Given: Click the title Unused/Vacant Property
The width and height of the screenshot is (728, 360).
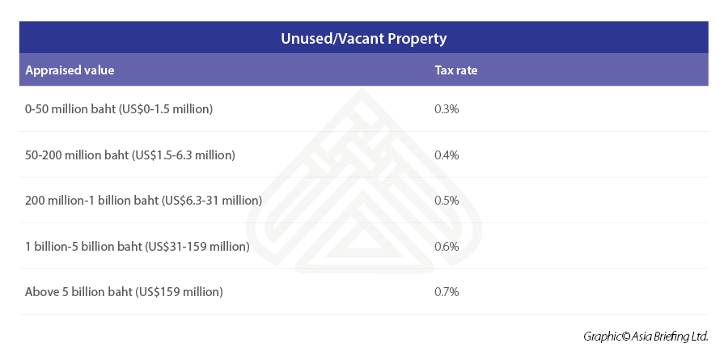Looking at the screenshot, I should (363, 38).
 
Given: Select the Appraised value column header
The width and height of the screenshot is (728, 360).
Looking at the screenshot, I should (70, 70).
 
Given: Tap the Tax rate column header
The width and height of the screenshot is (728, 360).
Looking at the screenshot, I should (456, 70).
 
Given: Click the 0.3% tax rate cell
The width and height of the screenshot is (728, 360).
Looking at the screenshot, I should (447, 108).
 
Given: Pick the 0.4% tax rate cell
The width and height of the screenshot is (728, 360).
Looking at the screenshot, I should (447, 155).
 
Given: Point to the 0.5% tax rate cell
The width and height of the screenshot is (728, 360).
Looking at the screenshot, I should (447, 200).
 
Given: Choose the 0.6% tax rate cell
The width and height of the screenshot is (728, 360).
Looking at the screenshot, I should (447, 246).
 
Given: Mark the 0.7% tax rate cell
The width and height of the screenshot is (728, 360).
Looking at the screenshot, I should (447, 291).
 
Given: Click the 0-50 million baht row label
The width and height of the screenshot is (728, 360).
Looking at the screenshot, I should (119, 108).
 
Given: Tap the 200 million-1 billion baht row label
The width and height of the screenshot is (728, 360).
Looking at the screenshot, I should (143, 200).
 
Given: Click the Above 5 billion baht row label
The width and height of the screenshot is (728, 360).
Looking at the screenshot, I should (124, 291).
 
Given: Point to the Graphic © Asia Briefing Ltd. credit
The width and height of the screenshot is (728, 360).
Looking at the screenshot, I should (645, 336).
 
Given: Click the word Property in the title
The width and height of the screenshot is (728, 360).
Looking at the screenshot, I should (418, 38).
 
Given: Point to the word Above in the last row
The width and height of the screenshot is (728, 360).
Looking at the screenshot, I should (42, 291).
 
